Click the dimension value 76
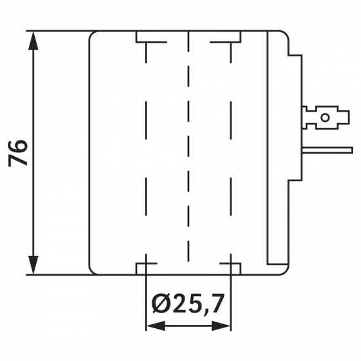point(18,153)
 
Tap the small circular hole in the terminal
point(325,117)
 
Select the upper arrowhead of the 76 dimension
point(33,40)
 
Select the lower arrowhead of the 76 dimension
point(33,265)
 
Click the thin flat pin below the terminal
point(327,150)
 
